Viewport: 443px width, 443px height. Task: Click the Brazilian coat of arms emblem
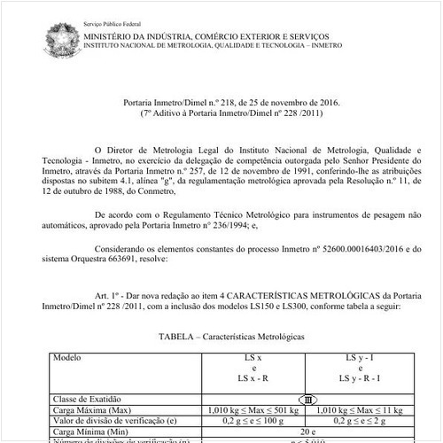click(x=61, y=41)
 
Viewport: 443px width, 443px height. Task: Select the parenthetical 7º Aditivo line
click(x=227, y=113)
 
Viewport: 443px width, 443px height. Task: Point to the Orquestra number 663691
click(x=137, y=263)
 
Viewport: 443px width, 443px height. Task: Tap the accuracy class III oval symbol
click(x=308, y=400)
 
